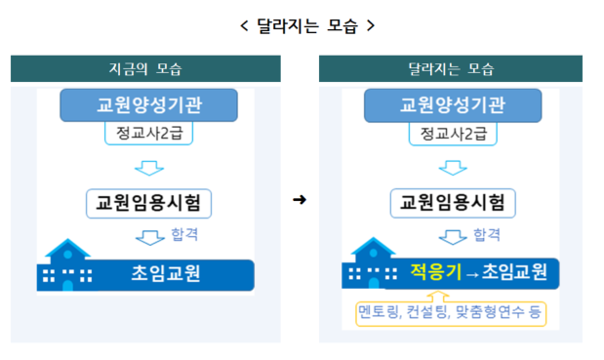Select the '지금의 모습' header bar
point(145,69)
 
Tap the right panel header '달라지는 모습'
point(451,69)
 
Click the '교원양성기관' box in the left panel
point(149,105)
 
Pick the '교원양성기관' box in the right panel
point(453,105)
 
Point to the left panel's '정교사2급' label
point(149,134)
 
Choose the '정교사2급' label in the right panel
point(453,134)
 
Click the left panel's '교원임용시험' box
point(149,203)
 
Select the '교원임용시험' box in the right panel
point(453,203)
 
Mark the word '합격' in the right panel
point(486,235)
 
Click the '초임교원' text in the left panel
point(165,273)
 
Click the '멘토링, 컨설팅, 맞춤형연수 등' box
point(451,312)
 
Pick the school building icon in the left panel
point(68,265)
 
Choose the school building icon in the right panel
point(371,264)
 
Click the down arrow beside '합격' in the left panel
point(152,237)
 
